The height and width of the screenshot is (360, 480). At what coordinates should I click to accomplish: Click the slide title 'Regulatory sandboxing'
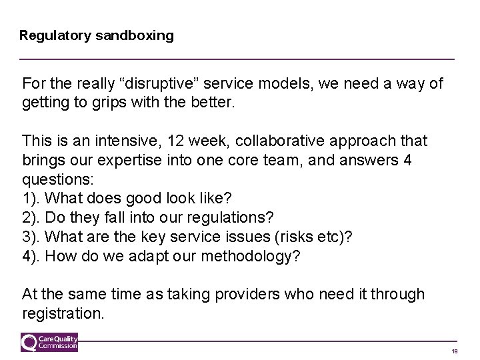click(x=97, y=35)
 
